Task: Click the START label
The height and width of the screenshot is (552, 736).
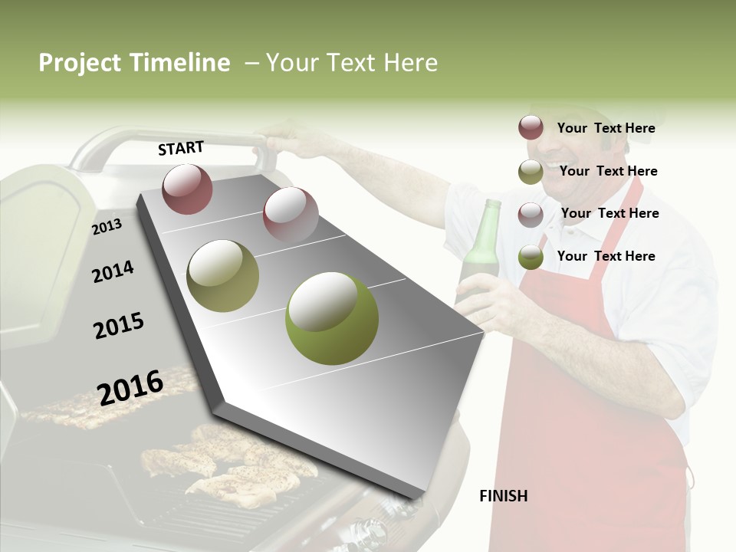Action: pos(181,148)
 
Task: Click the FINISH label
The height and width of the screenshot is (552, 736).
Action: pos(503,496)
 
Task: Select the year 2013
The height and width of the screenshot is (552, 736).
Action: pos(107,227)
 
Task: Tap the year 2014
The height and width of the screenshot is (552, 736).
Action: pos(113,271)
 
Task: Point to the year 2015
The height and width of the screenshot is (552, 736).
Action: pos(119,326)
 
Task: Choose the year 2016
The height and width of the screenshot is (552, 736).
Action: pos(130,387)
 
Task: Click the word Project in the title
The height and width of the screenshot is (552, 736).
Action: pos(79,63)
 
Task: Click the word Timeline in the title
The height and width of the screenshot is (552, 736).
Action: pos(179,63)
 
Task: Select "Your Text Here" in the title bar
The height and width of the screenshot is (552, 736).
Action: pos(351,63)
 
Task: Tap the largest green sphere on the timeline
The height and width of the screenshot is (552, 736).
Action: pos(331,318)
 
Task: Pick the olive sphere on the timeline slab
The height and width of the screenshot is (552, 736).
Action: pos(222,275)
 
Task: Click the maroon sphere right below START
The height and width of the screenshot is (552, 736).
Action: pos(187,189)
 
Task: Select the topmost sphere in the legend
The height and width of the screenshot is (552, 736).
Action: pos(531,127)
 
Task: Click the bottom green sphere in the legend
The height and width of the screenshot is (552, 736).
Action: pos(531,257)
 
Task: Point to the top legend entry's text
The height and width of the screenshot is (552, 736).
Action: pos(606,128)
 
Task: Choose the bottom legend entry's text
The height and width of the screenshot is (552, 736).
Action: pos(606,256)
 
